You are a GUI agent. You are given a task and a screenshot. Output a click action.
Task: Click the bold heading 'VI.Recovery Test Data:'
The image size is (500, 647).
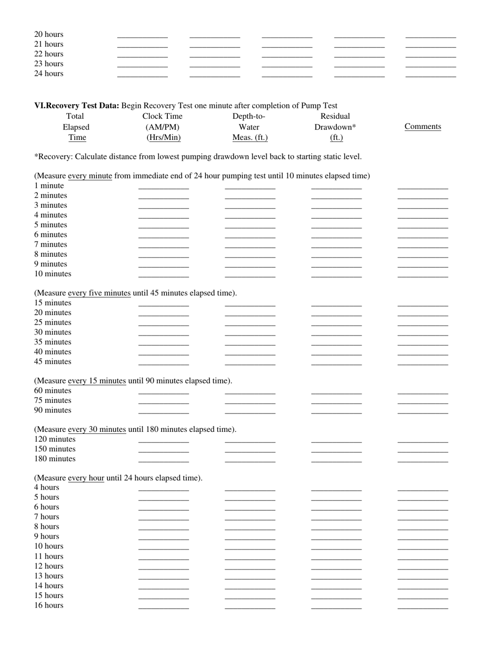click(77, 106)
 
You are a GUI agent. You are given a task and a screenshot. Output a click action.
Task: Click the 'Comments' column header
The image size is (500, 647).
click(423, 127)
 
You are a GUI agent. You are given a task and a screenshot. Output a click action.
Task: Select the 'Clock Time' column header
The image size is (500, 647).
click(163, 116)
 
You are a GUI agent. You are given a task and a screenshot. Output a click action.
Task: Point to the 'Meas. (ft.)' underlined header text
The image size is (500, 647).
click(250, 138)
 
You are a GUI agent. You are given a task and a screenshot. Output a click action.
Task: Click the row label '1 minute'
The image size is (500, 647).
click(49, 186)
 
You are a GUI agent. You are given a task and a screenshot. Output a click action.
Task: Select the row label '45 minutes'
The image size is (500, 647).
click(53, 362)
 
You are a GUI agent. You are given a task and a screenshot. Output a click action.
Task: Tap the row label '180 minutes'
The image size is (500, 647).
click(55, 459)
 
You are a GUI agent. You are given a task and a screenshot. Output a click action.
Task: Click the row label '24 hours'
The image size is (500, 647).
click(49, 74)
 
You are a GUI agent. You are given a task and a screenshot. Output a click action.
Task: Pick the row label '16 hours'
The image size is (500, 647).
click(49, 606)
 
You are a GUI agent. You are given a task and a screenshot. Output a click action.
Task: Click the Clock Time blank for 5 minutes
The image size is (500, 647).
click(163, 226)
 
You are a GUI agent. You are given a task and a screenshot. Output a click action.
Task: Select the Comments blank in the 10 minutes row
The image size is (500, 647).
click(423, 275)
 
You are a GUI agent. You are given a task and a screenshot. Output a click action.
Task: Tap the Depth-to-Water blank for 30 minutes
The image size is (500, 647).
click(250, 333)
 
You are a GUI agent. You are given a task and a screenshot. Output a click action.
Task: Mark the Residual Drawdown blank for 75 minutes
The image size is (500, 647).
click(336, 402)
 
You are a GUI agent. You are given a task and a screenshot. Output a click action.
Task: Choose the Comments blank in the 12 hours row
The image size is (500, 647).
click(423, 568)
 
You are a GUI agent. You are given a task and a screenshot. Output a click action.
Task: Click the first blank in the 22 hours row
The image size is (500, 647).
click(142, 55)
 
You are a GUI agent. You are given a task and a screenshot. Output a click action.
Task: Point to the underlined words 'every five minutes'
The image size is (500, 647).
click(99, 293)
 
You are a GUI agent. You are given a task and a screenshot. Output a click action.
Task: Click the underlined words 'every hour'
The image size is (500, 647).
click(86, 478)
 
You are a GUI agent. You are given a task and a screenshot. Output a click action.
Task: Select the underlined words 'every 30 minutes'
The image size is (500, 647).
click(97, 430)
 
